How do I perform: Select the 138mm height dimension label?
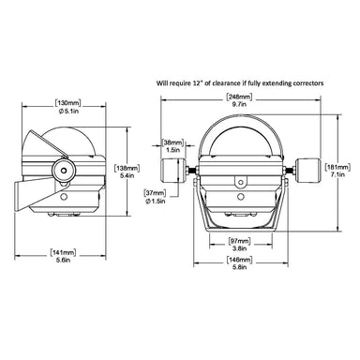pos(127,168)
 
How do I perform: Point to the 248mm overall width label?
pos(239,97)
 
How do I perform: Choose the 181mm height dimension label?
pos(337,167)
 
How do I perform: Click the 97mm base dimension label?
pos(240,241)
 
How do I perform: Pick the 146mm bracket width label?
pos(240,260)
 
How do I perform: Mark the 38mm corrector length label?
pos(172,142)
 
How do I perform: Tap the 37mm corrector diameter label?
pos(155,193)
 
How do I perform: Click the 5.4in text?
pos(127,175)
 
